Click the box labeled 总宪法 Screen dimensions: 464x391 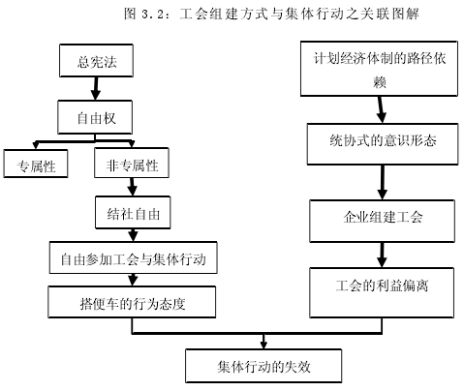pyautogui.click(x=96, y=61)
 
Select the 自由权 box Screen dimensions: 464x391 pyautogui.click(x=95, y=117)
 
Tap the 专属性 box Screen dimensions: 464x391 pyautogui.click(x=36, y=164)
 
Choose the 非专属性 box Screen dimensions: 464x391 pyautogui.click(x=132, y=163)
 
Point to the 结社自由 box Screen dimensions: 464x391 pyautogui.click(x=133, y=213)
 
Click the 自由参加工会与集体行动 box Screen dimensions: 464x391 pyautogui.click(x=133, y=257)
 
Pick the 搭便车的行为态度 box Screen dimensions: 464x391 pyautogui.click(x=132, y=302)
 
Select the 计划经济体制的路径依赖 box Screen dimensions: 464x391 pyautogui.click(x=379, y=69)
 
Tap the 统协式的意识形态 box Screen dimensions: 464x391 pyautogui.click(x=383, y=144)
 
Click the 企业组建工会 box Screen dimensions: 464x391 pyautogui.click(x=383, y=221)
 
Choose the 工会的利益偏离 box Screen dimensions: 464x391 pyautogui.click(x=382, y=292)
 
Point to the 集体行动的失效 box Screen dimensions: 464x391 pyautogui.click(x=263, y=366)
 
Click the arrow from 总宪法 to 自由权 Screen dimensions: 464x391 pyautogui.click(x=96, y=88)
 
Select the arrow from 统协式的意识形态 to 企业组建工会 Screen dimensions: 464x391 pyautogui.click(x=383, y=182)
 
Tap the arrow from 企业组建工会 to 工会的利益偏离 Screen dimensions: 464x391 pyautogui.click(x=383, y=255)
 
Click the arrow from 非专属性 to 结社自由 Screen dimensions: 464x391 pyautogui.click(x=132, y=187)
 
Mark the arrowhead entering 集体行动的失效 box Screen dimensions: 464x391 pyautogui.click(x=263, y=346)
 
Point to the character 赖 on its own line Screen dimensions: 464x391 pyautogui.click(x=380, y=82)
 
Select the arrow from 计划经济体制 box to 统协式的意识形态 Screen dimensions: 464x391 pyautogui.click(x=381, y=109)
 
